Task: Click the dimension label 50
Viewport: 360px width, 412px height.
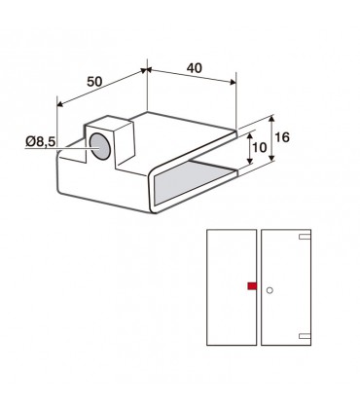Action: point(94,82)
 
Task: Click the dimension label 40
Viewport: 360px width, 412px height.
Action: point(195,68)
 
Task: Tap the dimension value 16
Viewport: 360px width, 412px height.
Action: point(282,137)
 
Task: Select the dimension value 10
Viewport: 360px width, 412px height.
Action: point(259,147)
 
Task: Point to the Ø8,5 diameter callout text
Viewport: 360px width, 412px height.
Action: point(41,141)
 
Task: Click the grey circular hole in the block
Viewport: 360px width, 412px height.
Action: point(100,146)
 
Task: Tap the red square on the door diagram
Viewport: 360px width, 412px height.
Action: point(252,285)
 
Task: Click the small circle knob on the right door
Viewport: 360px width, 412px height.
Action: point(270,290)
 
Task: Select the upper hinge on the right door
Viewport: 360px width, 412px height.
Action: point(305,237)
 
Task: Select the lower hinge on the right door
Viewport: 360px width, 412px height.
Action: point(305,336)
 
